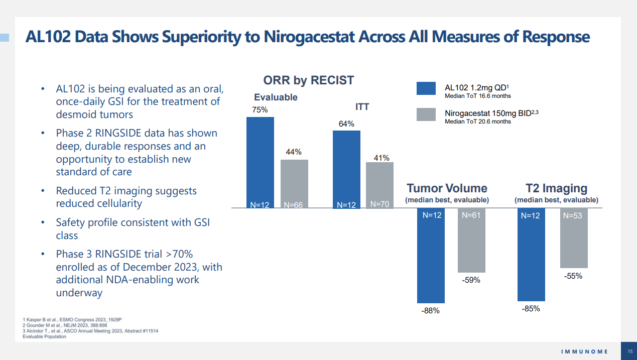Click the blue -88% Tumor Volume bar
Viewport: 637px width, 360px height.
click(x=431, y=256)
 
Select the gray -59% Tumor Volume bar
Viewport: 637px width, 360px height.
click(x=471, y=241)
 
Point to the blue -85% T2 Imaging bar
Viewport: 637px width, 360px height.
click(x=531, y=255)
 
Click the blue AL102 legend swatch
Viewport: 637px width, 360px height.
click(x=426, y=88)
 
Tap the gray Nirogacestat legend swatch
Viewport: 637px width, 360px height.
click(x=426, y=114)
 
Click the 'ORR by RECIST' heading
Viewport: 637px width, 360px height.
click(x=309, y=80)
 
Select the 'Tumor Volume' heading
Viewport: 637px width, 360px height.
click(x=447, y=188)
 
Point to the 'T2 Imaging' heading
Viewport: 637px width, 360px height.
click(x=556, y=188)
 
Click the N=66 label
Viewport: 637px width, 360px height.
click(x=294, y=205)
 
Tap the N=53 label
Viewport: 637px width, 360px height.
click(x=574, y=216)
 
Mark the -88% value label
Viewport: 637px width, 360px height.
click(x=430, y=311)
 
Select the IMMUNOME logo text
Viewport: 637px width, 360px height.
click(x=584, y=351)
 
